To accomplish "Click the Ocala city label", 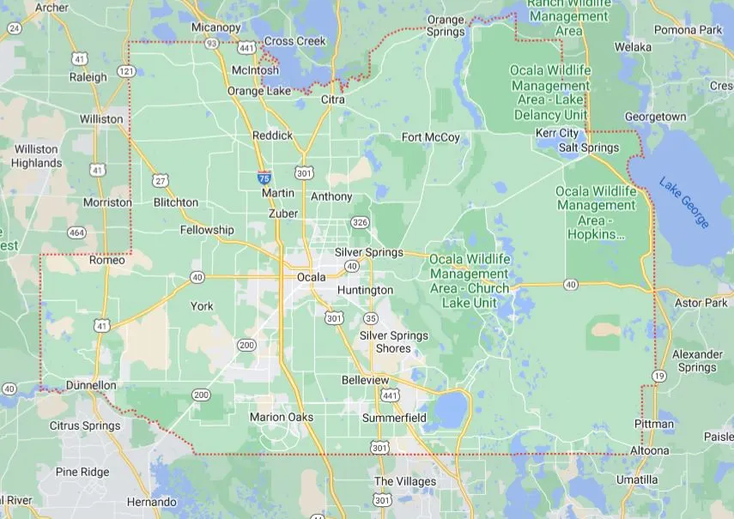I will [311, 277].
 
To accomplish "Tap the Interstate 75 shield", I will [264, 178].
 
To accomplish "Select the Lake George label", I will [684, 202].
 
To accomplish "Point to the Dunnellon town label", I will [91, 385].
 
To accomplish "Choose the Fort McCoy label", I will [431, 137].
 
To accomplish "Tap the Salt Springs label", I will [588, 148].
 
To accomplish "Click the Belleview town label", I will [365, 380].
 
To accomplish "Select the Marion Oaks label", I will [285, 417].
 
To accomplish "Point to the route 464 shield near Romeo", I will [77, 232].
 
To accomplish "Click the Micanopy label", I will [215, 27].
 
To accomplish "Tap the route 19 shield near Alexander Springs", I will [658, 376].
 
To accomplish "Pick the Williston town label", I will [100, 119].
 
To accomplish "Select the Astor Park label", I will [701, 303].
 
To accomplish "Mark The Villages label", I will [405, 481].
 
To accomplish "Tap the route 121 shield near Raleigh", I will [126, 70].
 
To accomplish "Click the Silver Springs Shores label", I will [393, 341].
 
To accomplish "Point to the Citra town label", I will [332, 100].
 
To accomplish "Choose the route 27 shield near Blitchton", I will [161, 180].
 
